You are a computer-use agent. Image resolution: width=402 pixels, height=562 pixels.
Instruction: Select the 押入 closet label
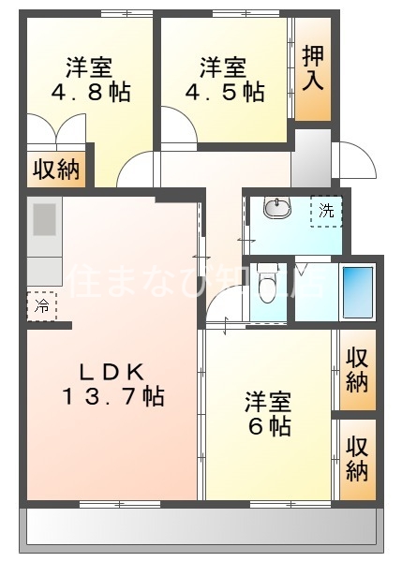pyautogui.click(x=313, y=68)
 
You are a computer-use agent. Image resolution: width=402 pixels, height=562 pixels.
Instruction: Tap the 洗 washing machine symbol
pyautogui.click(x=326, y=212)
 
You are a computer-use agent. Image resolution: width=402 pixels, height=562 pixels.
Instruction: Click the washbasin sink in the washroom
pyautogui.click(x=275, y=208)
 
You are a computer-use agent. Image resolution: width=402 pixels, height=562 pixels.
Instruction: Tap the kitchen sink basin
pyautogui.click(x=45, y=221)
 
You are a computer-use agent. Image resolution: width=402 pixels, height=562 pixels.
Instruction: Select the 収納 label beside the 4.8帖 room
pyautogui.click(x=57, y=170)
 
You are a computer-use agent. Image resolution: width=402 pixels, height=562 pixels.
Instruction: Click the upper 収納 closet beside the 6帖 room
pyautogui.click(x=356, y=369)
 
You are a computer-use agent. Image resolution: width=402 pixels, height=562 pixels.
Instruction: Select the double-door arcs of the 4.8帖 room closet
pyautogui.click(x=57, y=131)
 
